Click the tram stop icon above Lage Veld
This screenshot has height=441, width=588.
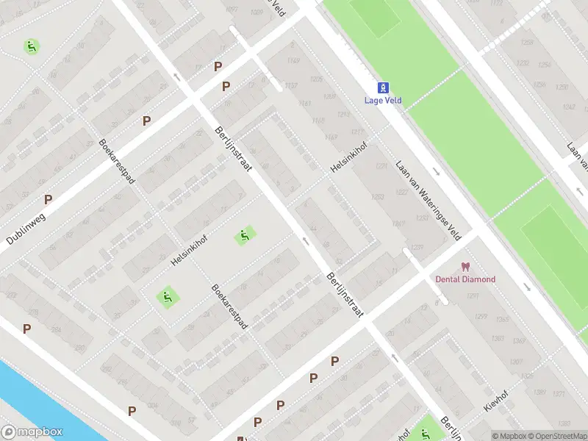[384, 87]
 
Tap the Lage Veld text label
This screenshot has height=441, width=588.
[384, 101]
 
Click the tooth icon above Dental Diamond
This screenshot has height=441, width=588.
[465, 267]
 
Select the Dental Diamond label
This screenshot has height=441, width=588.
[465, 279]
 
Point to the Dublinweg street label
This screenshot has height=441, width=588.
[25, 229]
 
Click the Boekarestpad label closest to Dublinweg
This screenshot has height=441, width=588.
[117, 161]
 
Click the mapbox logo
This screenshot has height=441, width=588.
[32, 432]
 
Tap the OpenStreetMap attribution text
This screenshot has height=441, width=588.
[556, 436]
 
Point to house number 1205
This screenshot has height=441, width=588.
[317, 79]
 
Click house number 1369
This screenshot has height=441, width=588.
[519, 341]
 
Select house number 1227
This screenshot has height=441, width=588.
[381, 167]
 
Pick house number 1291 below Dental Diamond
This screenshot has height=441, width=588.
[472, 296]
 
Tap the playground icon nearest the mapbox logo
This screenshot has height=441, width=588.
[168, 298]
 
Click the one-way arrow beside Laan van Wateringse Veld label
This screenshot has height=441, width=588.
[436, 171]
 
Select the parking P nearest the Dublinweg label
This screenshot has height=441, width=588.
[49, 199]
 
